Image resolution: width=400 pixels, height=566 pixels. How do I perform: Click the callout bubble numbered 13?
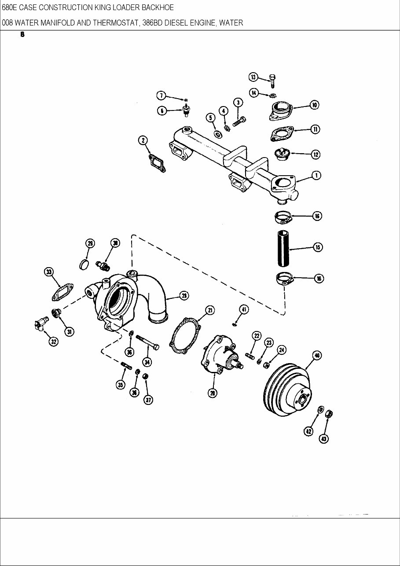click(x=253, y=77)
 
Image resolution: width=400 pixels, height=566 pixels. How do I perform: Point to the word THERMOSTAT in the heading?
click(x=116, y=23)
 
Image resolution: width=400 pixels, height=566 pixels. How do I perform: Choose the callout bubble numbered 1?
click(x=316, y=176)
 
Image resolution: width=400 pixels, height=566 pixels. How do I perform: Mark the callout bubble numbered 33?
click(x=49, y=272)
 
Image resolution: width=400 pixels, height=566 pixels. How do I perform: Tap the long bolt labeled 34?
click(x=147, y=342)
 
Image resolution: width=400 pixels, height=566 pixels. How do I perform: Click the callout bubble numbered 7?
click(x=161, y=96)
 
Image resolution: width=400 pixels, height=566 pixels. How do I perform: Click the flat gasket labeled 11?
click(x=282, y=133)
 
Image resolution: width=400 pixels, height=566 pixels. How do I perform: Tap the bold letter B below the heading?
click(x=22, y=35)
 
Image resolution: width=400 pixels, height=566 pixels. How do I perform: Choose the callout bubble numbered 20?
click(x=213, y=393)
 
